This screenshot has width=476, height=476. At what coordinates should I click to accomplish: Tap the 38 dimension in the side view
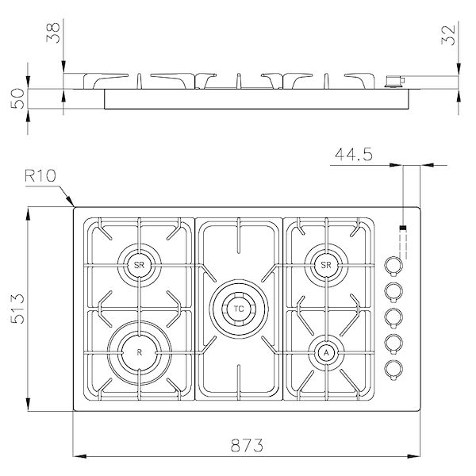coord(53,34)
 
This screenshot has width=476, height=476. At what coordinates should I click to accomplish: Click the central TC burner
coord(237,306)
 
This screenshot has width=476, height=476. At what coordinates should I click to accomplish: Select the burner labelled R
coord(140,351)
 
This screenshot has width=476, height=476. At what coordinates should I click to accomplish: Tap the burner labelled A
coord(326,351)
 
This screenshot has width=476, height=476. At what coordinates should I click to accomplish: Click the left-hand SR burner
coord(140,264)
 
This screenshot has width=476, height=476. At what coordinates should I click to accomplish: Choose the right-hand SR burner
coord(324,264)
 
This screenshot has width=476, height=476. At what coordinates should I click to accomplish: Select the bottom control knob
coord(392,367)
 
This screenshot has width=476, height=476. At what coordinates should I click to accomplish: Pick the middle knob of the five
coord(392,317)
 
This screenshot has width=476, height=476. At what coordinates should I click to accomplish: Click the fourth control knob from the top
coord(392,342)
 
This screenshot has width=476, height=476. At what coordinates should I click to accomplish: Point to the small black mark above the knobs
coord(402,229)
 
